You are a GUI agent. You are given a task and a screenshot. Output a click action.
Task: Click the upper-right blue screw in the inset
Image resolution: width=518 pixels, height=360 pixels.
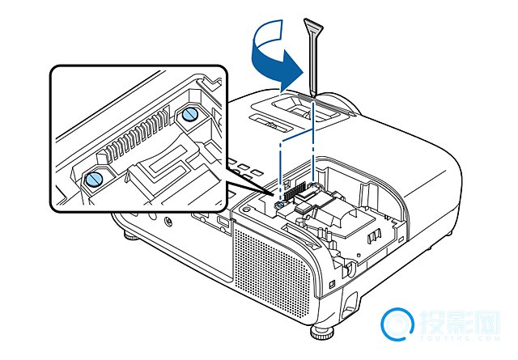pos(189,114)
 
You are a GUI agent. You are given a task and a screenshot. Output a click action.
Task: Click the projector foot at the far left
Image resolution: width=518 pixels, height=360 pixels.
pos(129,236)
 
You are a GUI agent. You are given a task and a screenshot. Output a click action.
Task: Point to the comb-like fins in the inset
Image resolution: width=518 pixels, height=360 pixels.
pos(138,138)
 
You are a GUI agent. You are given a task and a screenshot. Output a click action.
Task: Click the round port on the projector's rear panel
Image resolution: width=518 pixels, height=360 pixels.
pos(168,219)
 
